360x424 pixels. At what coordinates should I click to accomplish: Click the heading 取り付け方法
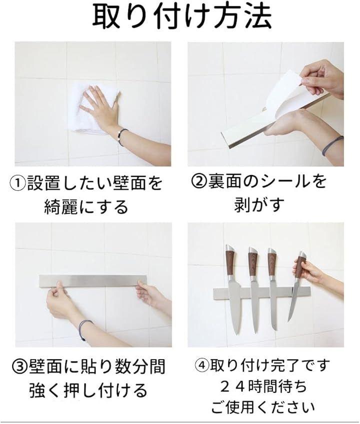coord(181,16)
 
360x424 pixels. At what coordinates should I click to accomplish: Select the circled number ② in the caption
coord(199,181)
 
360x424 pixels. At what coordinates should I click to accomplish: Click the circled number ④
coord(202,366)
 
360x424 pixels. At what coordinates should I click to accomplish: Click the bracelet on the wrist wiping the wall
coord(122,136)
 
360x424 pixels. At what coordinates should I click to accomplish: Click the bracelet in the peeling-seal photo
coord(332,146)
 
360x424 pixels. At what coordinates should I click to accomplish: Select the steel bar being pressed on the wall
coord(94,282)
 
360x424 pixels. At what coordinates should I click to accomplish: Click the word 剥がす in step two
coord(259,204)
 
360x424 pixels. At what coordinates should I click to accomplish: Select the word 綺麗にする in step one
coord(86,207)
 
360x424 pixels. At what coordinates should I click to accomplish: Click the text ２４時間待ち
coord(263,387)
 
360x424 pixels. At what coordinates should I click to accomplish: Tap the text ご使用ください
coord(263,407)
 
